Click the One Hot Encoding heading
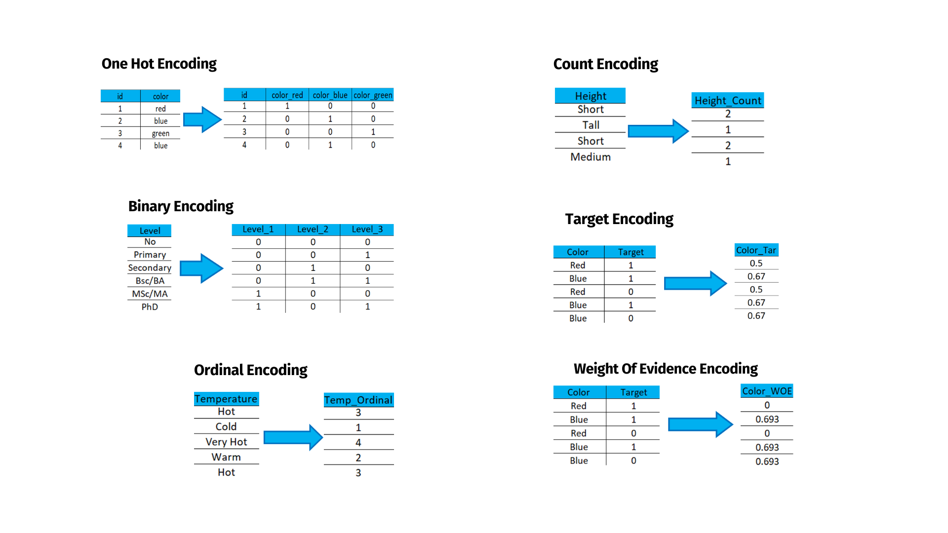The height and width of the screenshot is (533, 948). coord(159,64)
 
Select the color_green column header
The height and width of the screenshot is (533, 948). coord(373,95)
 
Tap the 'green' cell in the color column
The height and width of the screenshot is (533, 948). coord(160,133)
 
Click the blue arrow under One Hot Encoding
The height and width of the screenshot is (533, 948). coord(202,119)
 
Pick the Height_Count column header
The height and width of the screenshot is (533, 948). coord(728,101)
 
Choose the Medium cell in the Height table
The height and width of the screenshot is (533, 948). coord(591,157)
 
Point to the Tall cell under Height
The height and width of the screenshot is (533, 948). coord(591,125)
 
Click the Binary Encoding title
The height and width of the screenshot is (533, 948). coord(181,206)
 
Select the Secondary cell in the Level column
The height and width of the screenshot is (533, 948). coord(150,268)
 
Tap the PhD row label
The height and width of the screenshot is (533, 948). coord(150,307)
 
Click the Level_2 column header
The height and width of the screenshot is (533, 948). coord(313,229)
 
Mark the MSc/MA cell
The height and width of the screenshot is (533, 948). coord(150,294)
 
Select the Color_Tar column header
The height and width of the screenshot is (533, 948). coord(756,250)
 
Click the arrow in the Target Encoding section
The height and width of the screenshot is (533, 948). coord(696,283)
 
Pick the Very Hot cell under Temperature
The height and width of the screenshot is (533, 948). coord(226,442)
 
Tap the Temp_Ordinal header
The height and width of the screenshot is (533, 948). coord(358,400)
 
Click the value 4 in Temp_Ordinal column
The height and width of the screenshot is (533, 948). coord(358,443)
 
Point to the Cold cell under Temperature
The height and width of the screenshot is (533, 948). coord(226,427)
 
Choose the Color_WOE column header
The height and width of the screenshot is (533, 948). coord(767,391)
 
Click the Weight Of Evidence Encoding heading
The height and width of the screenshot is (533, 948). coord(666,369)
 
